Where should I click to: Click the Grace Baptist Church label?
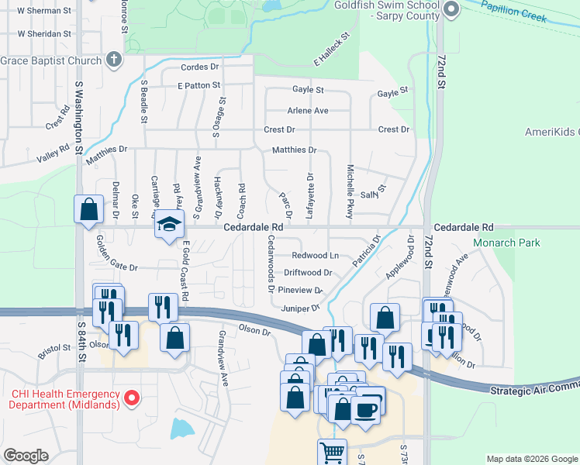point(50,60)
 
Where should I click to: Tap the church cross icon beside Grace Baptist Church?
point(113,60)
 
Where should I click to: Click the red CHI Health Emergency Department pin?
point(132,399)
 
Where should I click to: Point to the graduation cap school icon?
point(167,224)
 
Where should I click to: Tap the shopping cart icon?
point(333,451)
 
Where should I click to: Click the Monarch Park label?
point(506,243)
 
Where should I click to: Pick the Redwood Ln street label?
point(315,256)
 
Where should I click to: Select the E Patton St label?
point(199,85)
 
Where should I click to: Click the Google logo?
point(26,456)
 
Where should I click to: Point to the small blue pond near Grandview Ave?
point(181,428)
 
